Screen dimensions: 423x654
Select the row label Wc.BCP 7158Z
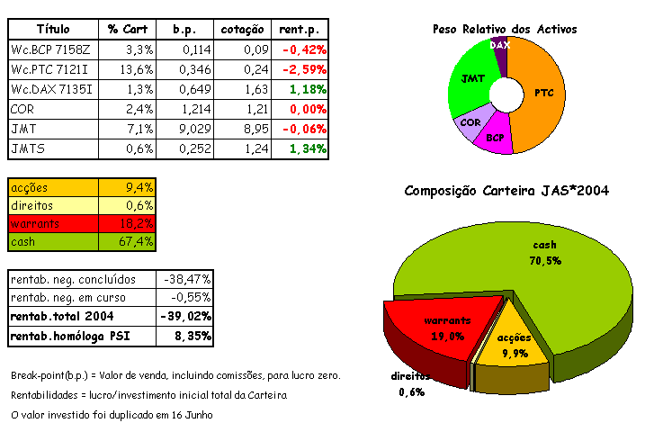point(49,49)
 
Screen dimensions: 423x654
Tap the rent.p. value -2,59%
point(303,69)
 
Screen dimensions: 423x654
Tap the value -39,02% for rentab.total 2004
point(187,317)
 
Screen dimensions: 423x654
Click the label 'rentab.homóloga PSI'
point(81,337)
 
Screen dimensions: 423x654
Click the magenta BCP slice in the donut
point(495,137)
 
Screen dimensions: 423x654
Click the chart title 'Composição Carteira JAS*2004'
point(507,191)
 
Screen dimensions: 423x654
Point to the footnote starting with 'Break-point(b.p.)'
point(175,374)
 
